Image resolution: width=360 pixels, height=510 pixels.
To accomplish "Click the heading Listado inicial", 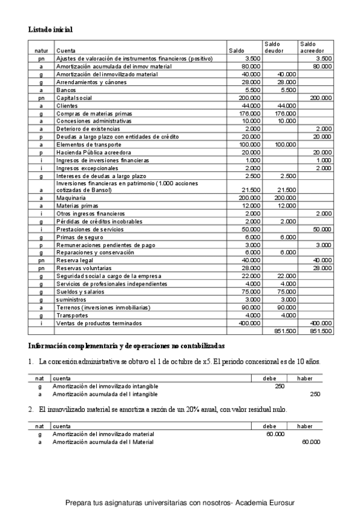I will [51, 29].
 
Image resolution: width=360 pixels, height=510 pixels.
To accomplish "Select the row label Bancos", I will [66, 90].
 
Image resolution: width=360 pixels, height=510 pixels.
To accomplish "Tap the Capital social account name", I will [73, 97].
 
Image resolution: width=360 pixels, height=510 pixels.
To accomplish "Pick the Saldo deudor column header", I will [273, 47].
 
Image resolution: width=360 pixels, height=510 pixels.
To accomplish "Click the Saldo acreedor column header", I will [311, 47].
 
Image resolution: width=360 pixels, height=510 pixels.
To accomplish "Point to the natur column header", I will [41, 51].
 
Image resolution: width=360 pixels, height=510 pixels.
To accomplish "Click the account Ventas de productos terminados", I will [99, 323].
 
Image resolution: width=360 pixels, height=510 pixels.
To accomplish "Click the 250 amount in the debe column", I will [279, 386].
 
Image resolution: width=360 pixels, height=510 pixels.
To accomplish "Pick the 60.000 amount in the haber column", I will [311, 441].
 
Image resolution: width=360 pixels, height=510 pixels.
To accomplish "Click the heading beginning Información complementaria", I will [127, 346].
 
